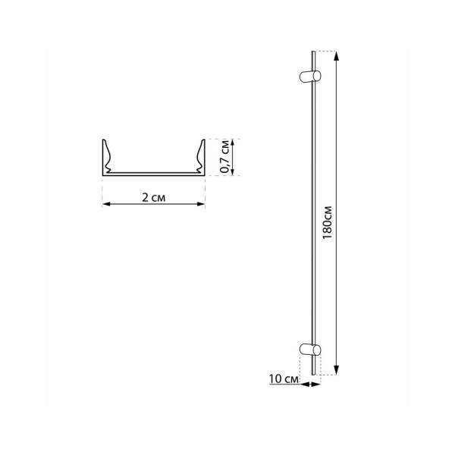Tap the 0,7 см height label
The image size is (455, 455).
click(224, 158)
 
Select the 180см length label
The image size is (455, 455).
click(327, 220)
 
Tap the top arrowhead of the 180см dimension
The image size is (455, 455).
click(337, 54)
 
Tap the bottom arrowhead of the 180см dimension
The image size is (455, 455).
click(337, 372)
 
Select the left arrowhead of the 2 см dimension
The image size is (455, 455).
click(105, 203)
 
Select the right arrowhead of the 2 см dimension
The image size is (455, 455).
click(202, 203)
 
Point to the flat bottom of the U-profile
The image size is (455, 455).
click(154, 174)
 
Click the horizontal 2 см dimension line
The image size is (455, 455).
click(154, 203)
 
